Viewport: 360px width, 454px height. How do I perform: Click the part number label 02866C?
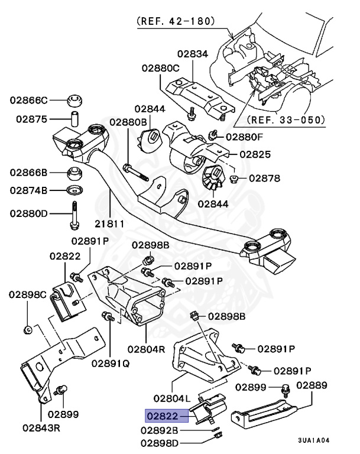click(x=28, y=100)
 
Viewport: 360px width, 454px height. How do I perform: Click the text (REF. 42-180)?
click(x=176, y=21)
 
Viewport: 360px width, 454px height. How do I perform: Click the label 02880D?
click(x=28, y=213)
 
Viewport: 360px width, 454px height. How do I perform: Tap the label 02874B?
click(x=28, y=190)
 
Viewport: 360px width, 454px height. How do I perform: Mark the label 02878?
click(x=265, y=177)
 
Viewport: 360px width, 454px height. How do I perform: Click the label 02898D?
click(x=159, y=443)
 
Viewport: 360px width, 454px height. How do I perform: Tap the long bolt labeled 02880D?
click(x=74, y=215)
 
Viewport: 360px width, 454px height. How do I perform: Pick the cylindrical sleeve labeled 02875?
click(x=74, y=117)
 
